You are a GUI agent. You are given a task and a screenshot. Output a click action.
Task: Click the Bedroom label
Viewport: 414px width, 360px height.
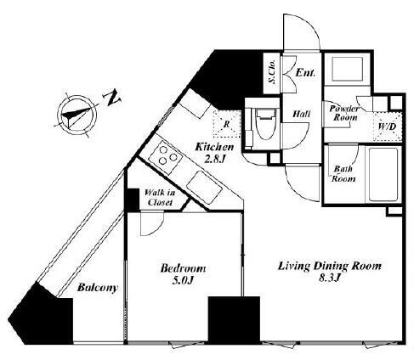click(x=183, y=268)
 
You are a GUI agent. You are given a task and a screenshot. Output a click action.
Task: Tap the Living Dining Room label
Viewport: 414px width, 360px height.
click(x=330, y=267)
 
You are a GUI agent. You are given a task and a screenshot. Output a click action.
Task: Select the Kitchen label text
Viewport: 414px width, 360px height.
click(x=215, y=147)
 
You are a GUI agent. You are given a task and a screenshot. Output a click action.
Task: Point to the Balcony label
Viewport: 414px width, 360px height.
click(x=98, y=288)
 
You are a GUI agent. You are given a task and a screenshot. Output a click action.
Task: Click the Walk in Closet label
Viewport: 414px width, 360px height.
click(x=160, y=198)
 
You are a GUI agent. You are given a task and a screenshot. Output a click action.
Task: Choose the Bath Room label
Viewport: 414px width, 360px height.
click(x=343, y=174)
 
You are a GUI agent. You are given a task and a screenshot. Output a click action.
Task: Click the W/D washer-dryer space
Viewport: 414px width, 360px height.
click(x=388, y=127)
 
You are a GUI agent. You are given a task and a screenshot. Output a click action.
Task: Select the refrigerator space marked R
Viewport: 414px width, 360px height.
click(x=226, y=124)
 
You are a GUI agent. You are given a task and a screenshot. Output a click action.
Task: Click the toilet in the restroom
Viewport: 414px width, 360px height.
click(x=265, y=124)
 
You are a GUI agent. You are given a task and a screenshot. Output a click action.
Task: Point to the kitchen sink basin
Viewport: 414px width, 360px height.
click(x=204, y=188)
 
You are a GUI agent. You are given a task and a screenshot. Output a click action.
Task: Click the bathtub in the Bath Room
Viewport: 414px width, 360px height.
click(x=383, y=174)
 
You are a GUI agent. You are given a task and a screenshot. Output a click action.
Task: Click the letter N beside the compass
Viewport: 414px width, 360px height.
click(x=112, y=98)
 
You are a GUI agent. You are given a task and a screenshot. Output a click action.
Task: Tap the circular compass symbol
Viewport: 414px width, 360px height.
click(x=77, y=115)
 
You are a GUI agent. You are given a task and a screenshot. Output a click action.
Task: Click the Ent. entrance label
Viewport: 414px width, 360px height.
click(x=305, y=73)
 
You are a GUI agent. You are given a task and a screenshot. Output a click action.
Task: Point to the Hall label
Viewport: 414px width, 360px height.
click(x=301, y=114)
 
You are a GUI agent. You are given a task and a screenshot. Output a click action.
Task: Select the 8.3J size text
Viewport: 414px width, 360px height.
click(x=330, y=278)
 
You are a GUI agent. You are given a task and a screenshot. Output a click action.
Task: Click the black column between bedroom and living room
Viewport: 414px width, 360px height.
click(x=234, y=319)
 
